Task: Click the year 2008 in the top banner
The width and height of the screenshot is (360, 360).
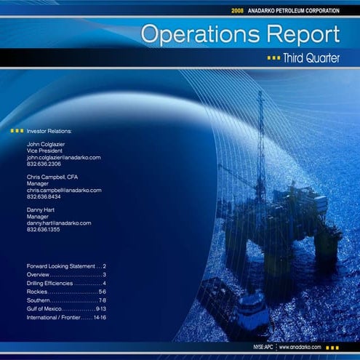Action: (x=237, y=11)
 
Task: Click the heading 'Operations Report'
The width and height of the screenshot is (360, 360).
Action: (x=240, y=33)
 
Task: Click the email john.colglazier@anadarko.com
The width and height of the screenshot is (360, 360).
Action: (x=63, y=157)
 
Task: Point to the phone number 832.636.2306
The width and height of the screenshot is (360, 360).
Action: (x=44, y=164)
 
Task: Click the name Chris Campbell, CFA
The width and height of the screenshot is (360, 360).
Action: (x=52, y=177)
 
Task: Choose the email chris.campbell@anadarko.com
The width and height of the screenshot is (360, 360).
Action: (x=64, y=190)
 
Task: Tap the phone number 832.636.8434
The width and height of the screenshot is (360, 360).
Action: (x=44, y=196)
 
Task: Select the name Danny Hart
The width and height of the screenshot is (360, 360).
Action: (x=42, y=209)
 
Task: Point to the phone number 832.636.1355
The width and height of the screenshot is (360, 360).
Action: (x=44, y=229)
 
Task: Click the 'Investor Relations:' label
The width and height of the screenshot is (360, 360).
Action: (x=49, y=131)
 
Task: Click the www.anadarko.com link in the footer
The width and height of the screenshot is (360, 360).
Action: (x=299, y=348)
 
